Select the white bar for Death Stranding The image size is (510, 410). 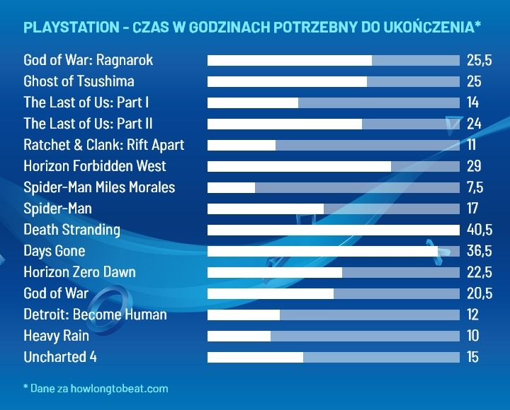(x=333, y=230)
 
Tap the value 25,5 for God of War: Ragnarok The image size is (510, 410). (x=479, y=60)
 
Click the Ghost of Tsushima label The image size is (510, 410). (x=79, y=81)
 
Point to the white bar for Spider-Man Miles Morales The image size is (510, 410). (x=231, y=187)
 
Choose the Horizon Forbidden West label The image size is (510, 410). (x=95, y=166)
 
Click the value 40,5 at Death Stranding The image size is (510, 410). (x=479, y=230)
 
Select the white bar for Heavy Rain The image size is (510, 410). (x=239, y=336)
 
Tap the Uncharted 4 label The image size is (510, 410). (x=60, y=357)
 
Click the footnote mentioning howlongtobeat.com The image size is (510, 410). (x=96, y=388)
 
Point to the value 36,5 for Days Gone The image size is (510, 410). (x=479, y=251)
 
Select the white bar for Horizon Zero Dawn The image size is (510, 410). (x=275, y=272)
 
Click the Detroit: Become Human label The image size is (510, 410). (x=95, y=315)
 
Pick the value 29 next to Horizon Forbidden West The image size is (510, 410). (x=474, y=166)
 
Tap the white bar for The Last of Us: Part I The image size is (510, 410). (x=253, y=102)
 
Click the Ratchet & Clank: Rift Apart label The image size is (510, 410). (x=103, y=145)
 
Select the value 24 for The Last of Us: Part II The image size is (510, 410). (x=474, y=124)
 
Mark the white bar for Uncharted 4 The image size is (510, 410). (x=255, y=357)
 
